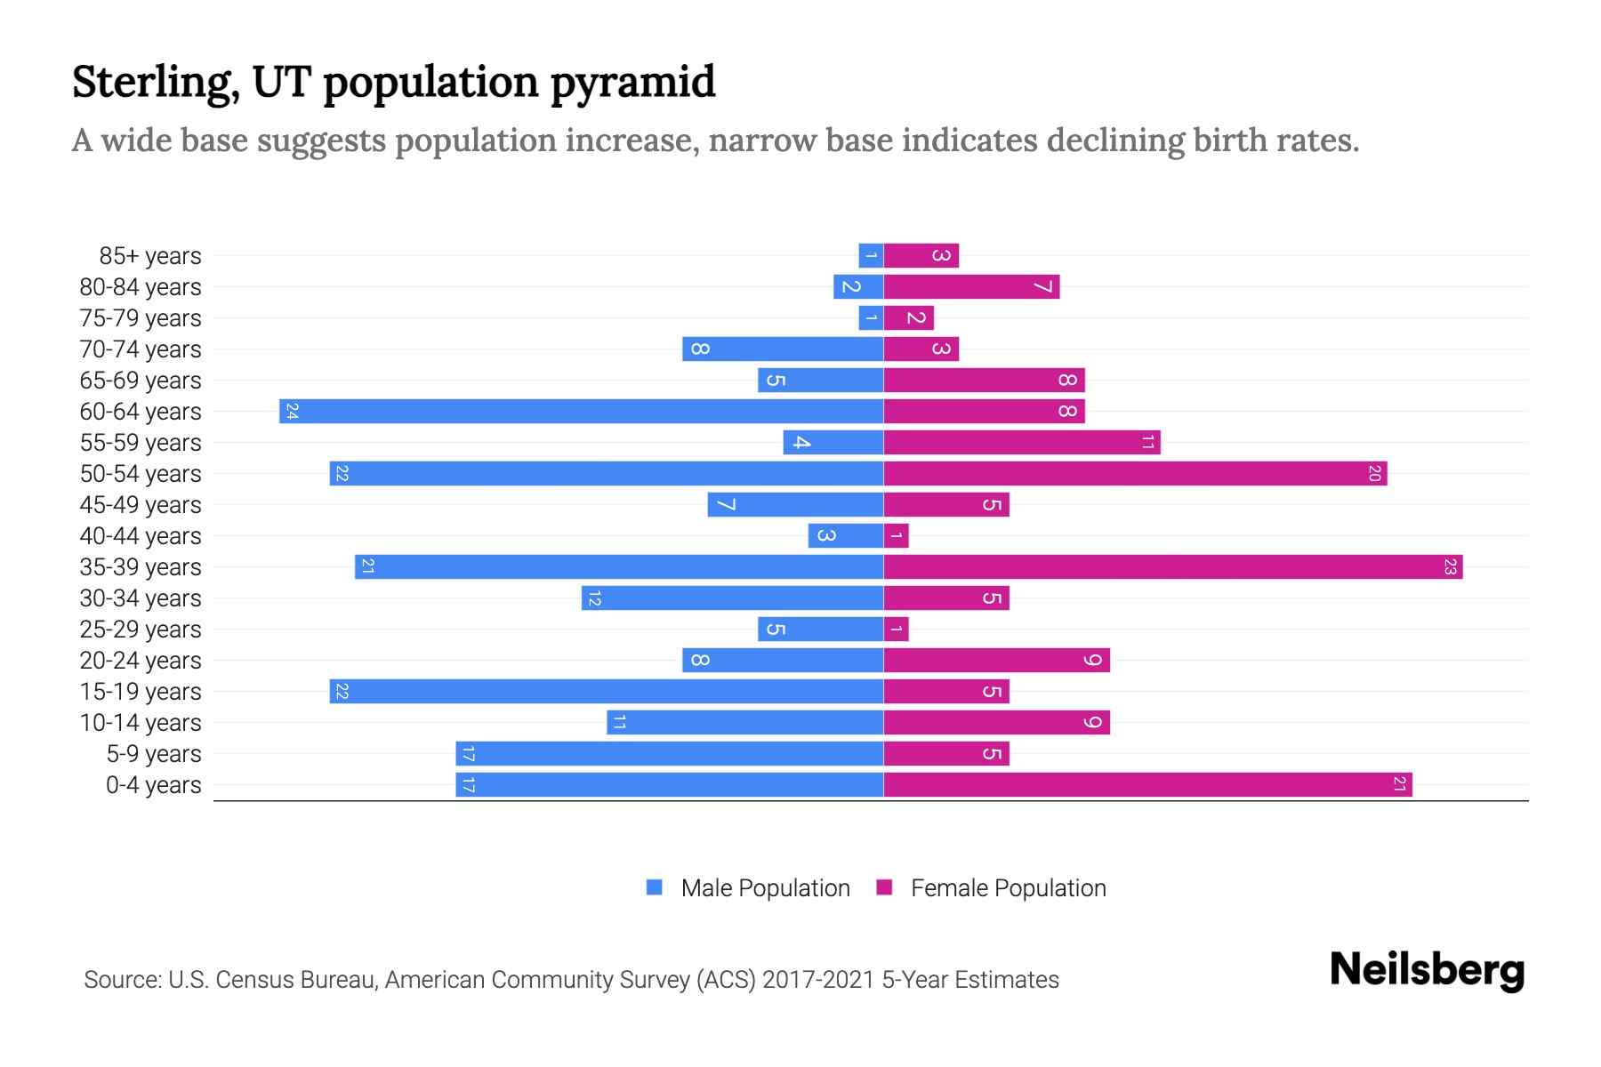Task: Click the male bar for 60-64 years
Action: (x=581, y=412)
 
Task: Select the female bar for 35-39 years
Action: (x=1172, y=567)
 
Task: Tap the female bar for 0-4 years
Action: (x=1147, y=785)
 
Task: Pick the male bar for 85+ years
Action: (x=871, y=256)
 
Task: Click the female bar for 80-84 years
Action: (x=971, y=287)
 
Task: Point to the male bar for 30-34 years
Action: (x=732, y=598)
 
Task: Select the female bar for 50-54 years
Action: (x=1135, y=474)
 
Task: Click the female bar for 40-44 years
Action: (x=897, y=536)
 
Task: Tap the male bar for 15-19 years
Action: (x=606, y=692)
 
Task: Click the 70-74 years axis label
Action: (x=141, y=349)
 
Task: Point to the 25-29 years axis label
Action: (x=141, y=630)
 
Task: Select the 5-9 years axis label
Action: (x=153, y=754)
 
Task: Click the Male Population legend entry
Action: (x=764, y=888)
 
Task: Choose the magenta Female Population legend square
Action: (x=884, y=887)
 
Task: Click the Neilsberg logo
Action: (x=1427, y=970)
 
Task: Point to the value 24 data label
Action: (x=292, y=412)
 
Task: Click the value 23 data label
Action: (x=1450, y=567)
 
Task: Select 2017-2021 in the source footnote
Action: (x=818, y=980)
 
